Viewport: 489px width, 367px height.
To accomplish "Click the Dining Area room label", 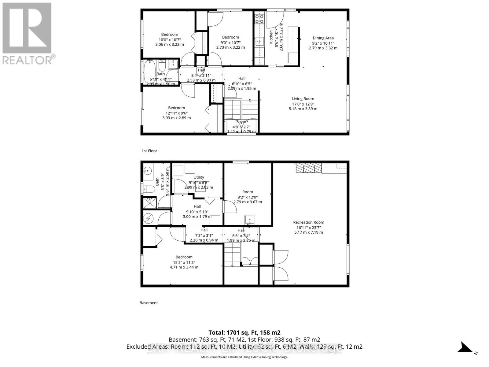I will [x=323, y=38].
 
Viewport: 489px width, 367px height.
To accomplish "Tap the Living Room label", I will [x=303, y=99].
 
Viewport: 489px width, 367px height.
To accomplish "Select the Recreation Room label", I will [x=308, y=222].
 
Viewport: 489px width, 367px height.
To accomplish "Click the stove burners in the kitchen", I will [x=259, y=19].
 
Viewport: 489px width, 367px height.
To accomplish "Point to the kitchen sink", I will [x=259, y=41].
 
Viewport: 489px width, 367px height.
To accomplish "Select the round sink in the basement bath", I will [x=149, y=170].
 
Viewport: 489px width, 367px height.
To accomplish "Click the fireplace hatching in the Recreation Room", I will [x=309, y=168].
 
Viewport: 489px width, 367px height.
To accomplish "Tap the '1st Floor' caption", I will [x=149, y=151].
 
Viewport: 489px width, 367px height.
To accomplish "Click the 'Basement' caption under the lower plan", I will [x=149, y=303].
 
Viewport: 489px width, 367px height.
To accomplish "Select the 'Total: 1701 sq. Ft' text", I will [x=244, y=332].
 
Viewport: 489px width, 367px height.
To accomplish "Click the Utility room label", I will [x=199, y=177].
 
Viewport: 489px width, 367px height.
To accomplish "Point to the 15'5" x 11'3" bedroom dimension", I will [x=184, y=262].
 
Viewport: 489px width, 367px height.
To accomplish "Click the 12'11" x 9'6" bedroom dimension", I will [x=176, y=113].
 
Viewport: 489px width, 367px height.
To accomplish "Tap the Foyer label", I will [x=241, y=122].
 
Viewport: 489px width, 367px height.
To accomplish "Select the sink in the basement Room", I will [x=249, y=219].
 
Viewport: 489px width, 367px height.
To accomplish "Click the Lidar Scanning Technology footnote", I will [x=244, y=357].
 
